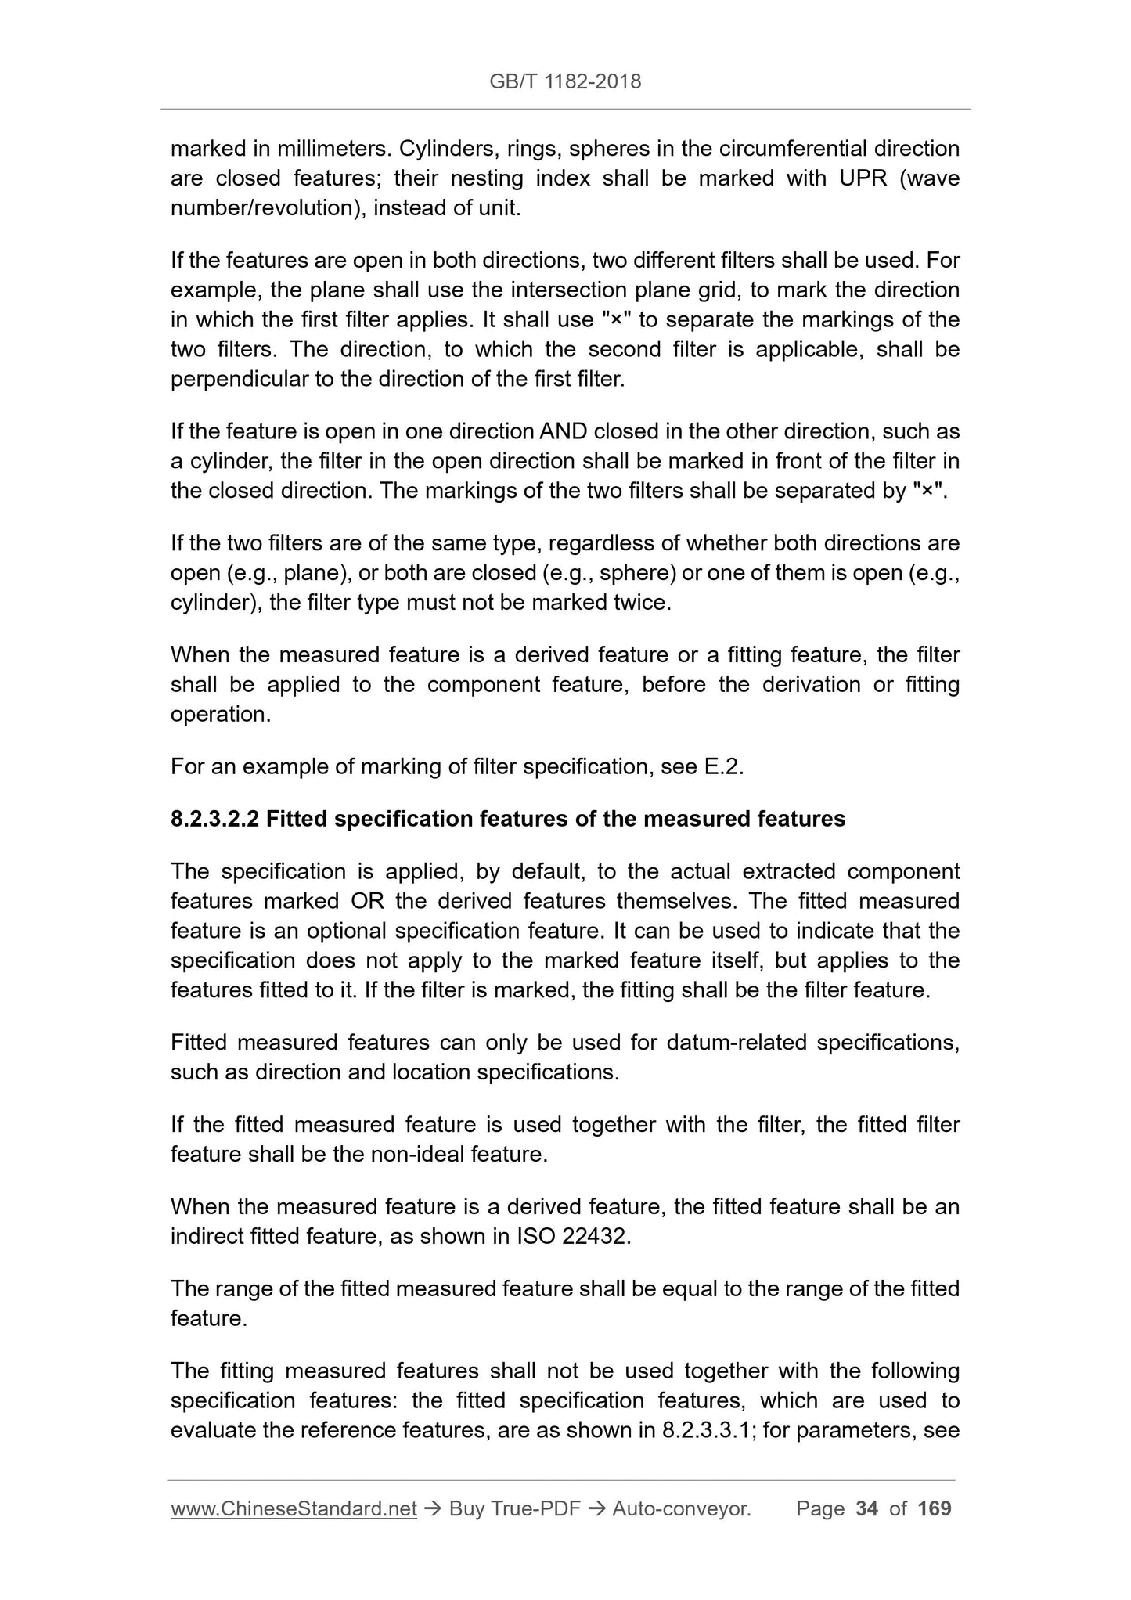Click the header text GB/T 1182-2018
point(565,81)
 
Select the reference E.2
point(723,766)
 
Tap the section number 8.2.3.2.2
point(214,819)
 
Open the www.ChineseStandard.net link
point(294,1508)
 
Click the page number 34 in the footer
point(867,1508)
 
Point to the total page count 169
point(934,1508)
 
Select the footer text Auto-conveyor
point(681,1508)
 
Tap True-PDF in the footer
point(535,1508)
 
